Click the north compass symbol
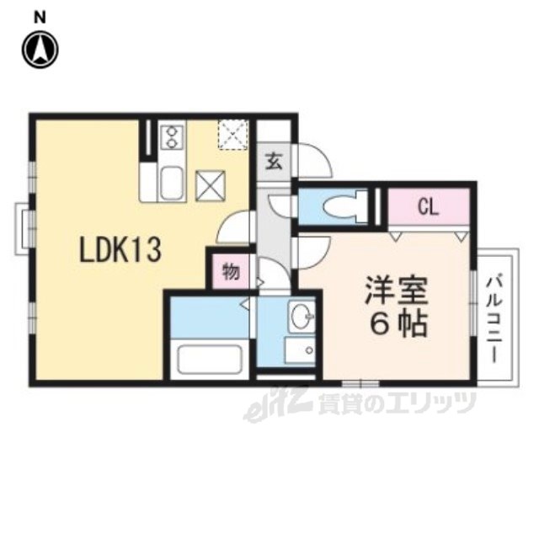[x=40, y=50]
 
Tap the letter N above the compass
[x=40, y=17]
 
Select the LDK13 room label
[x=120, y=250]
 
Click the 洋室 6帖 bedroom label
[x=397, y=307]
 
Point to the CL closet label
[x=429, y=207]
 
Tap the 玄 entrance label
[x=275, y=162]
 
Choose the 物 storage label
[x=231, y=271]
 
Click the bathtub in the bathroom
[x=210, y=359]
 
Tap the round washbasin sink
[x=302, y=314]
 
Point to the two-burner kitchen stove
[x=172, y=136]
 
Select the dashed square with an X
[x=233, y=135]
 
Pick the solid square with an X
[x=210, y=185]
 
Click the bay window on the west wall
[x=23, y=229]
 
